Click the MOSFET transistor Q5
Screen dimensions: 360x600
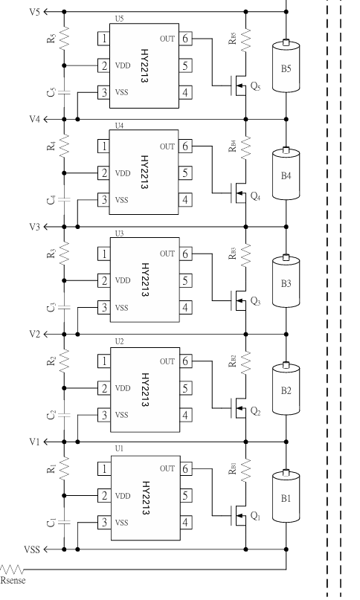click(239, 86)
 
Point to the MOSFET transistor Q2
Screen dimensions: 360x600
click(239, 408)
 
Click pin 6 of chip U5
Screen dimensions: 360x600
click(185, 39)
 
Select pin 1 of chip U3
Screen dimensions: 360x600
click(104, 254)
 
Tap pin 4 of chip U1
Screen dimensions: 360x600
click(185, 523)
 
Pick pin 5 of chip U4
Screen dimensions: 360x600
click(185, 173)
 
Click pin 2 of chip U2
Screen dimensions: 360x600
click(104, 388)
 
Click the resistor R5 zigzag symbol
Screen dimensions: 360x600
click(64, 38)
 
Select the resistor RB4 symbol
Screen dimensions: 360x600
click(245, 146)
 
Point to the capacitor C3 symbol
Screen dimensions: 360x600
click(64, 307)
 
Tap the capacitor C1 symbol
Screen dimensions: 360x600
click(64, 523)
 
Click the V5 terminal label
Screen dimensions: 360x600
click(34, 12)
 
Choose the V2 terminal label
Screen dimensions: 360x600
click(34, 335)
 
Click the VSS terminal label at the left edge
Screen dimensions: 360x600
click(32, 549)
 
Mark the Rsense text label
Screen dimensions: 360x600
click(13, 580)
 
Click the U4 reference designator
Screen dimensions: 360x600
click(120, 126)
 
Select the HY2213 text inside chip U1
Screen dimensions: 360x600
click(146, 498)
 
